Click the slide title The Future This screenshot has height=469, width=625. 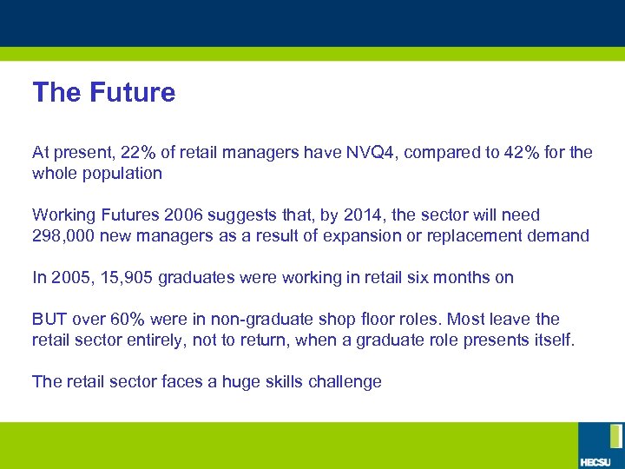click(x=103, y=93)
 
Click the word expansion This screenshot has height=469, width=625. click(x=387, y=235)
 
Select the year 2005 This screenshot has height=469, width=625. click(x=69, y=278)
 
